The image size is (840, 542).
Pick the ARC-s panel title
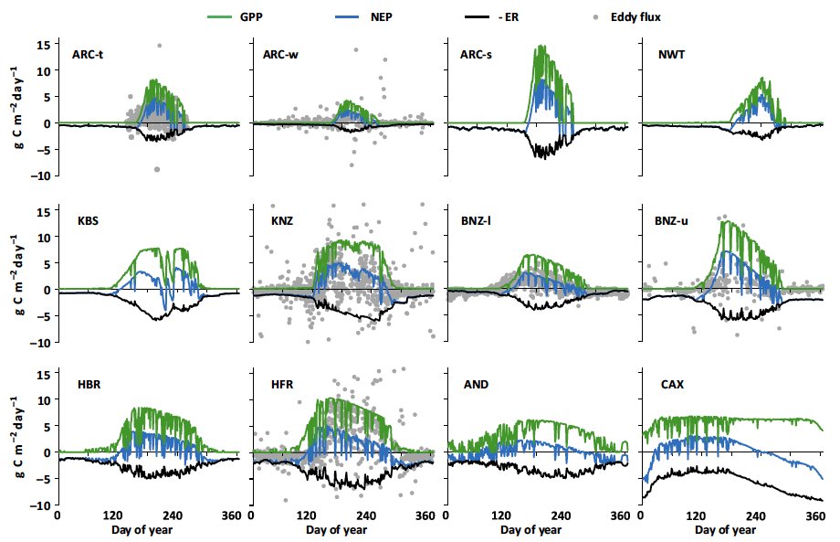point(479,55)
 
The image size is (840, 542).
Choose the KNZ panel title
point(280,220)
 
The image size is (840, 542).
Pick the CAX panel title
point(671,385)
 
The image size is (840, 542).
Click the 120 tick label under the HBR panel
point(114,515)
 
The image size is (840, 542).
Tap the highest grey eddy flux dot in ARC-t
point(159,46)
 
